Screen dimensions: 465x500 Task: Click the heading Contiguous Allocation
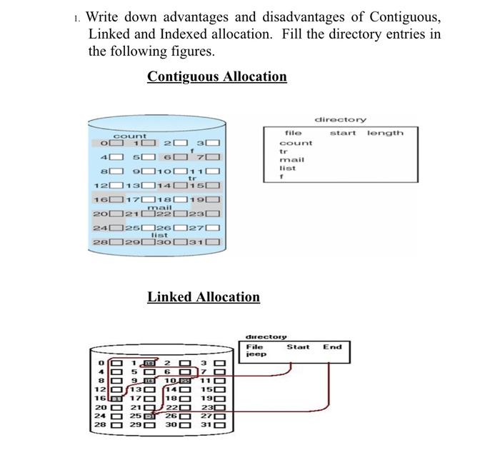click(x=216, y=77)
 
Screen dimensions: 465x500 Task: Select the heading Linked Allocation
click(x=204, y=297)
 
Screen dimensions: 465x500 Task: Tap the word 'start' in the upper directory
click(x=343, y=133)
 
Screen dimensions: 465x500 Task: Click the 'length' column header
click(x=385, y=133)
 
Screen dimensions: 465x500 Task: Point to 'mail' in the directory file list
click(x=291, y=159)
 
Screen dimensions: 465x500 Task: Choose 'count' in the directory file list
click(x=295, y=143)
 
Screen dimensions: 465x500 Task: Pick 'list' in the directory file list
click(x=287, y=168)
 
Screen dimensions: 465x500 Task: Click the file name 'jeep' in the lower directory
click(x=256, y=354)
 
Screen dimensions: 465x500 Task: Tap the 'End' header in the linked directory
click(x=332, y=347)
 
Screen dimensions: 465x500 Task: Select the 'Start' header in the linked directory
click(x=298, y=347)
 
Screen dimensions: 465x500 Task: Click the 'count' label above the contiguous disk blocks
click(x=130, y=136)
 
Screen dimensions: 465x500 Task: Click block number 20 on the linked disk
click(x=100, y=407)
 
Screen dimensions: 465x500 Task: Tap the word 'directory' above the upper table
click(x=340, y=119)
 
